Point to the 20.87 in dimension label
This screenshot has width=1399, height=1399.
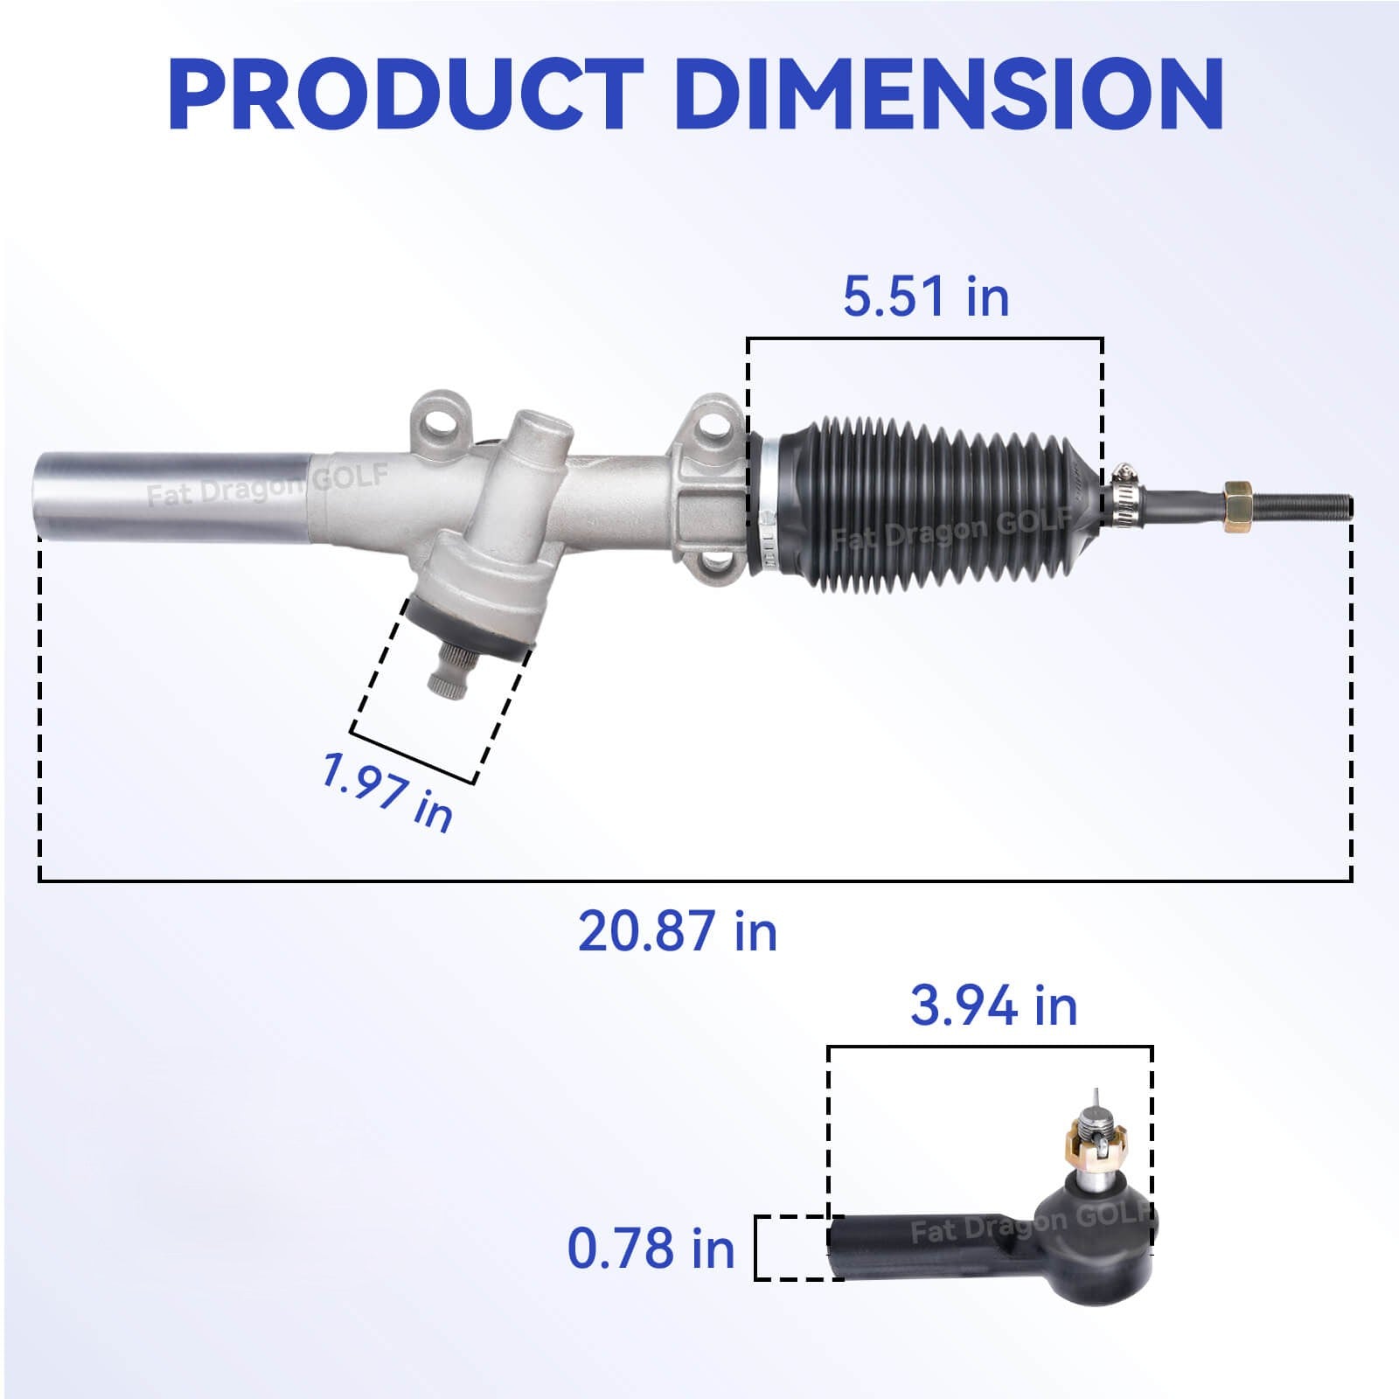(677, 930)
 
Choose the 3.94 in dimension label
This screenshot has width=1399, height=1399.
(993, 1006)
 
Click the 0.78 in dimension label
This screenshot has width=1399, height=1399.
(651, 1248)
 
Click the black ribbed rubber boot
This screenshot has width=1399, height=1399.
(927, 507)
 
